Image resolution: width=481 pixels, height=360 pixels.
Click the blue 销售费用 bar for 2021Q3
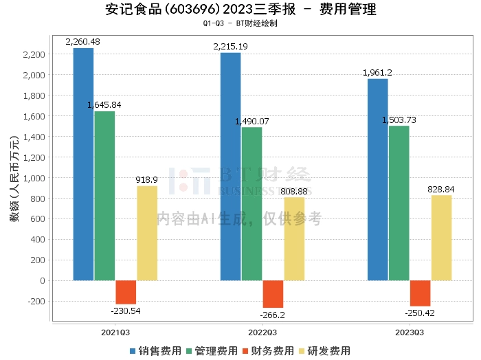click(83, 164)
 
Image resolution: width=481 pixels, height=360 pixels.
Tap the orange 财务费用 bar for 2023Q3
click(420, 293)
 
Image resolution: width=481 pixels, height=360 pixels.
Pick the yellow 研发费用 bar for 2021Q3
click(147, 233)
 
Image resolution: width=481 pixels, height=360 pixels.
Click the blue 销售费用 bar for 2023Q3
click(377, 179)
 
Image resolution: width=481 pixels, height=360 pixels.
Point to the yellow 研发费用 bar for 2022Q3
click(294, 239)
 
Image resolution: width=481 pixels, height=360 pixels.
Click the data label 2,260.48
click(82, 42)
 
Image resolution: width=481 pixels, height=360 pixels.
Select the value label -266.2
click(273, 315)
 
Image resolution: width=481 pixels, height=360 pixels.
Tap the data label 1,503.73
click(399, 120)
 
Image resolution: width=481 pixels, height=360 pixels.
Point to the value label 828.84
click(441, 189)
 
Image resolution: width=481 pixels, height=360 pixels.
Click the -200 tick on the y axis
click(34, 301)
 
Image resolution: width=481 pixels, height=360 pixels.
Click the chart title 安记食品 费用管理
click(240, 10)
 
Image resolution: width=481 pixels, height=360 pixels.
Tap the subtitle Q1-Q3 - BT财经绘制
click(240, 23)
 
